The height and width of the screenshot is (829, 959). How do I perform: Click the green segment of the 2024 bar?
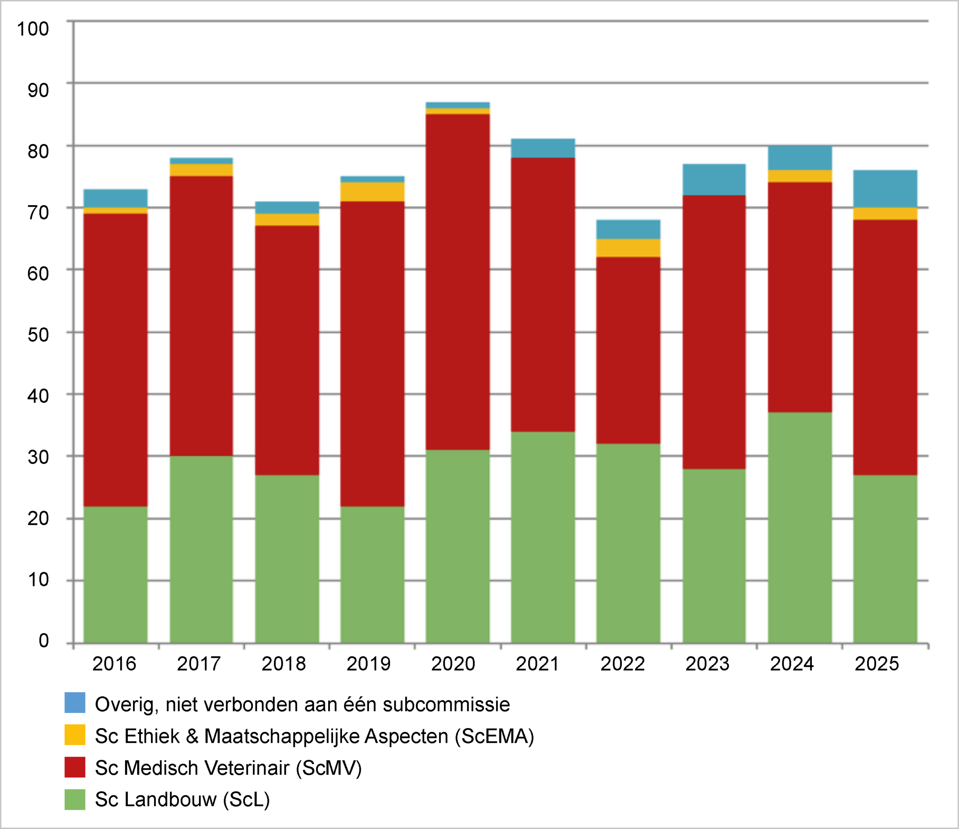pos(800,528)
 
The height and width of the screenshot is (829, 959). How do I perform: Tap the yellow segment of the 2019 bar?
pos(372,192)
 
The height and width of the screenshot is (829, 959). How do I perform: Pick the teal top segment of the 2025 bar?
pos(885,189)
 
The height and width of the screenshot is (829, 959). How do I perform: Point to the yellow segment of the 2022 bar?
pos(628,248)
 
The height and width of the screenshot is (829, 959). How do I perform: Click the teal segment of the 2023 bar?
pos(714,179)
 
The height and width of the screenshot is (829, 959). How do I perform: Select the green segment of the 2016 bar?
pos(115,574)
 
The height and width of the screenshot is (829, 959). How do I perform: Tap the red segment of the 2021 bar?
pos(543,294)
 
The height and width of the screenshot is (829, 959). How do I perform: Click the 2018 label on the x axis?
pos(284,664)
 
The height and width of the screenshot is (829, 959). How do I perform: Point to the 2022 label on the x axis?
pos(623,664)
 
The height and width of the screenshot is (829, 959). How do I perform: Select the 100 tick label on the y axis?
pos(33,29)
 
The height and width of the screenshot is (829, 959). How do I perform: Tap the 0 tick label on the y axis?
pos(43,641)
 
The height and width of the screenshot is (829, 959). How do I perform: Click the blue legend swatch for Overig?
pos(75,703)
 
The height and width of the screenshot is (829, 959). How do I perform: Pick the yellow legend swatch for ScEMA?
pos(75,735)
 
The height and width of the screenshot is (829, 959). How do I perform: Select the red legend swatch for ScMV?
pos(75,767)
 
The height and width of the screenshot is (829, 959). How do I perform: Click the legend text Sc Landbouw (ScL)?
pos(182,799)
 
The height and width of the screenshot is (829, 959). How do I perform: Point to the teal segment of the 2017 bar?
pos(201,161)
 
